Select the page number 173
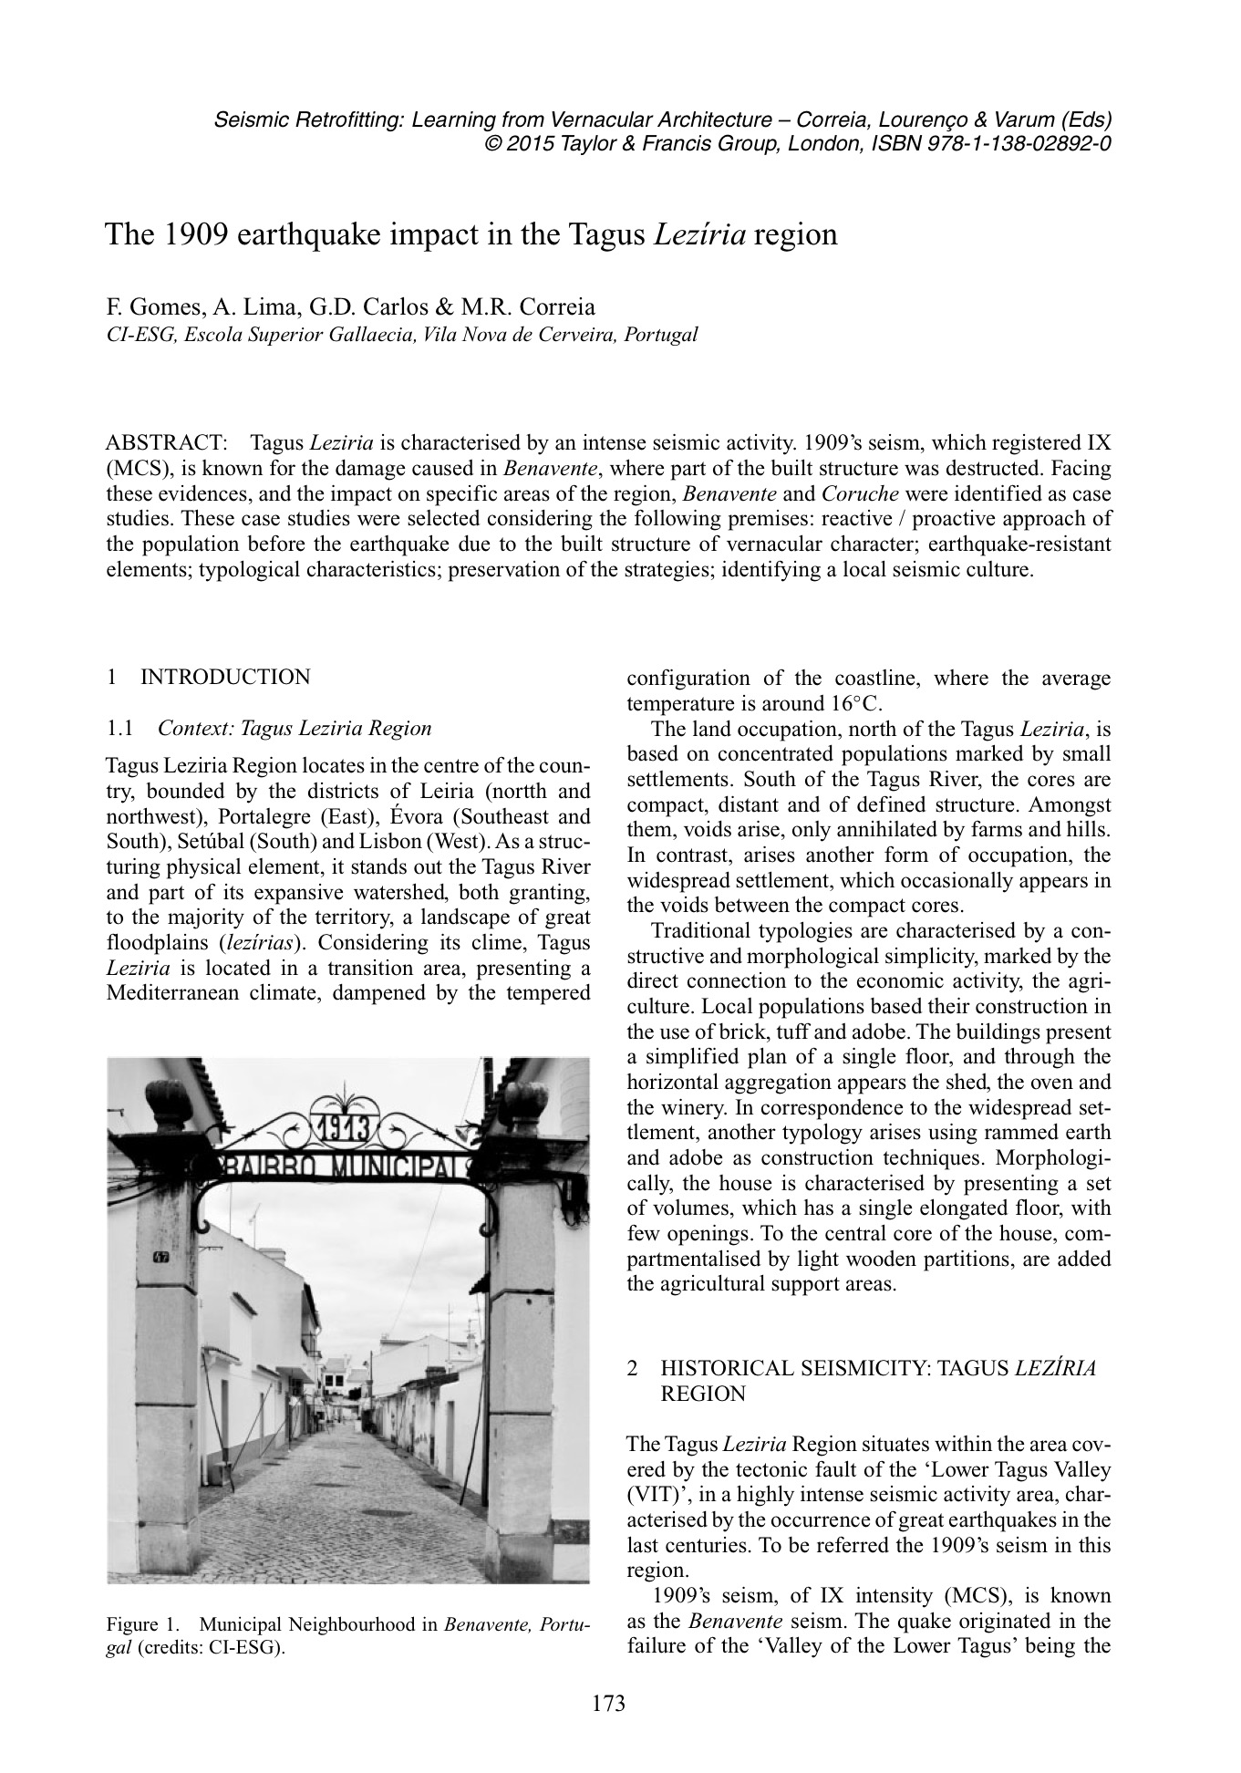point(609,1703)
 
